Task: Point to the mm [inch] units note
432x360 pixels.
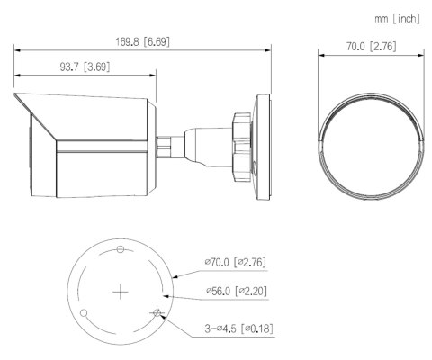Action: (395, 17)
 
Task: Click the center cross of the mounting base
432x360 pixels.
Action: (120, 292)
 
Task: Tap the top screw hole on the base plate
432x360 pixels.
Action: (120, 248)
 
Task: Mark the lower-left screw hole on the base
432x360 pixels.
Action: (83, 313)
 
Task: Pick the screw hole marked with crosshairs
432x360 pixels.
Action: (157, 313)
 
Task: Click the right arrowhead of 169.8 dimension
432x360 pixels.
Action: (268, 49)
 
